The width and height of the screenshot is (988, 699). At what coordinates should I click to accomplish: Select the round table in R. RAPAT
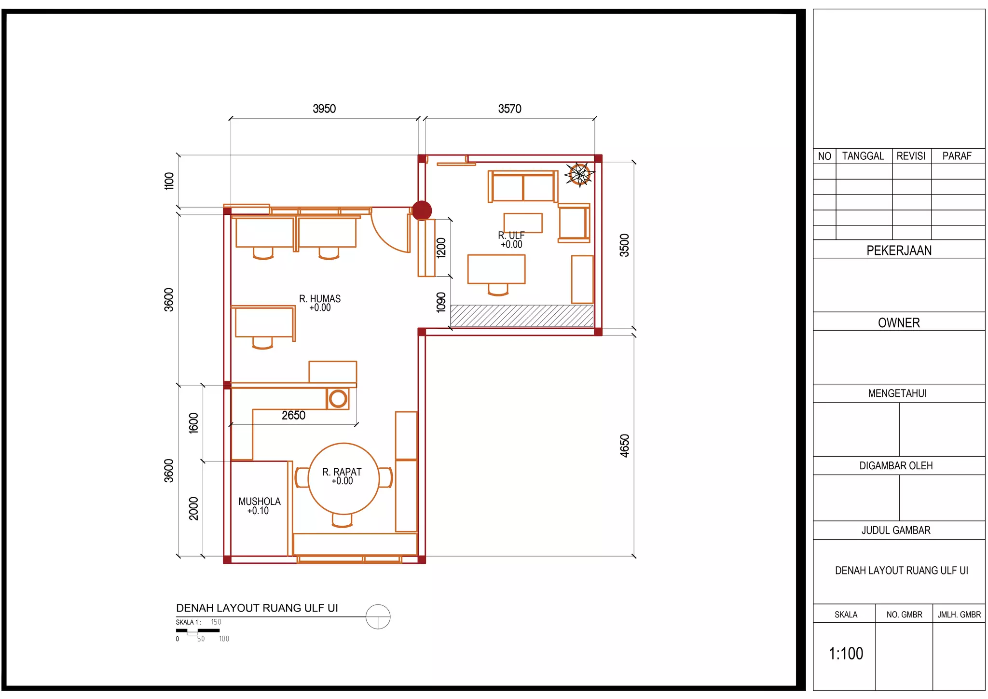tap(343, 478)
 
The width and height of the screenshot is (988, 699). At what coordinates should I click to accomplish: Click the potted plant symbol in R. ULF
tap(579, 174)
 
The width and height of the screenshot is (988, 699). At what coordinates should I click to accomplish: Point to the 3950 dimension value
tap(324, 109)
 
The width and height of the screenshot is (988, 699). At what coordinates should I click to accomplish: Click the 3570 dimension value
tap(510, 109)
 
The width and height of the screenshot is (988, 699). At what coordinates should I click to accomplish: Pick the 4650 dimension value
tap(625, 446)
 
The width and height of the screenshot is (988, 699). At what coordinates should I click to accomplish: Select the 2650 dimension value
tap(293, 415)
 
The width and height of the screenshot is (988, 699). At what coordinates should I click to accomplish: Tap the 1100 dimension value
tap(169, 181)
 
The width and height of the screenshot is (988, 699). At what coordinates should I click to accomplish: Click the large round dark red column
tap(422, 210)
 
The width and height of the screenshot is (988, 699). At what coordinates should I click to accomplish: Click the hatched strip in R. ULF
tap(522, 316)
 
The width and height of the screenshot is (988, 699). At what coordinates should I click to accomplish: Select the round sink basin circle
tap(338, 399)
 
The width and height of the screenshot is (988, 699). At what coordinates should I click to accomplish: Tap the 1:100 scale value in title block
tap(846, 654)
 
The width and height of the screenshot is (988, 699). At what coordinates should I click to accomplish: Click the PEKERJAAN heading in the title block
tap(899, 251)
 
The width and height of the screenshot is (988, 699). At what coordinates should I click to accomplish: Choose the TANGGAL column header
tap(863, 156)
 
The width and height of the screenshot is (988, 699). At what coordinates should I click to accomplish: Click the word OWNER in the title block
tap(899, 323)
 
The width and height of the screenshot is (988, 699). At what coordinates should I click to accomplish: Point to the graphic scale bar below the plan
tap(198, 631)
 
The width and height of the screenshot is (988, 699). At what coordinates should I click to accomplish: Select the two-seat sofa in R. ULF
tap(523, 186)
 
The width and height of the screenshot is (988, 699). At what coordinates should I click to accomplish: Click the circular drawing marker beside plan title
tap(378, 617)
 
